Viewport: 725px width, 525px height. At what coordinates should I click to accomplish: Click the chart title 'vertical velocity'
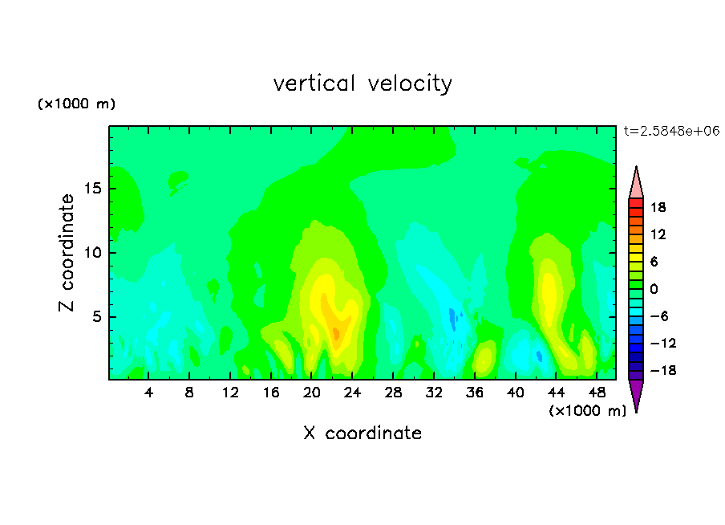pos(362,83)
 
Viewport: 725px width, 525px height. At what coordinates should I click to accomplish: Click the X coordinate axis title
pos(362,433)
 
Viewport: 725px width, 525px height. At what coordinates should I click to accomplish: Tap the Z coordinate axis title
pos(67,253)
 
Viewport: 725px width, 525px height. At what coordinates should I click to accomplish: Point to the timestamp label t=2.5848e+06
pos(671,131)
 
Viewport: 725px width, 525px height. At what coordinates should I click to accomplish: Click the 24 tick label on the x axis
pos(352,393)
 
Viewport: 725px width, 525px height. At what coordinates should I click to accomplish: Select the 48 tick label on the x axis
pos(597,393)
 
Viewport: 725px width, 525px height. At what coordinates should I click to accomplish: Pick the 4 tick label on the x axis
pos(148,393)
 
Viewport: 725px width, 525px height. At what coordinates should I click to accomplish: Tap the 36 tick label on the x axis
pos(475,393)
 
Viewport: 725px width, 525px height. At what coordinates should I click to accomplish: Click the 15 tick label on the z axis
pos(93,189)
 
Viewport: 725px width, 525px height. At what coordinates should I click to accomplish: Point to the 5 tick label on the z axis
pos(97,316)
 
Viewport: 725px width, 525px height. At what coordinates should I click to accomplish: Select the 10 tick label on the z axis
pos(93,253)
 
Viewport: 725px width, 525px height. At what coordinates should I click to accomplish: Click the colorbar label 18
pos(658,207)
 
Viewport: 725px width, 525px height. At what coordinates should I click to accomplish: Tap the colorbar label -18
pos(663,370)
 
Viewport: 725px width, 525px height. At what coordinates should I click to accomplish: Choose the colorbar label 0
pos(654,289)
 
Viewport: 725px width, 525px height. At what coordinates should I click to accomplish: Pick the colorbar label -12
pos(663,343)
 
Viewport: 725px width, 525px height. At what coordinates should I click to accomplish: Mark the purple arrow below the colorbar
pos(636,393)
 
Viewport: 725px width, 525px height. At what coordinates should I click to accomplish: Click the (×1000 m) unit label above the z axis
pos(76,104)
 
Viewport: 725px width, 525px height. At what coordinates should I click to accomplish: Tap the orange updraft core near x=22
pos(336,332)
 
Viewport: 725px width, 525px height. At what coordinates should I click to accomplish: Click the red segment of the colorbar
pos(636,203)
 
